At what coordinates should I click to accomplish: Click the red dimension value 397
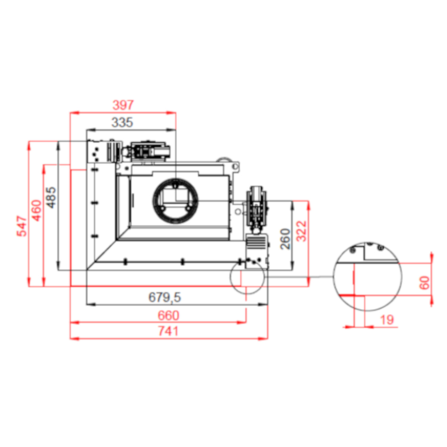click(x=123, y=105)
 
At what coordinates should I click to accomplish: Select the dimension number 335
click(x=122, y=122)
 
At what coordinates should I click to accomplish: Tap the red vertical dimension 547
click(x=22, y=226)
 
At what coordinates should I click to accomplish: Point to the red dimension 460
click(x=37, y=211)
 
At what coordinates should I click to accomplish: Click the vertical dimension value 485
click(x=51, y=197)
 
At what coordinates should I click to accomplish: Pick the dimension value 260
click(x=285, y=239)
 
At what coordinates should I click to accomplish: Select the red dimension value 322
click(x=302, y=231)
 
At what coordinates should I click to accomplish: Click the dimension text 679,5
click(x=165, y=297)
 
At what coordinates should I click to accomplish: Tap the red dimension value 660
click(x=168, y=315)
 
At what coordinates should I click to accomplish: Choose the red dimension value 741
click(x=168, y=331)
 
